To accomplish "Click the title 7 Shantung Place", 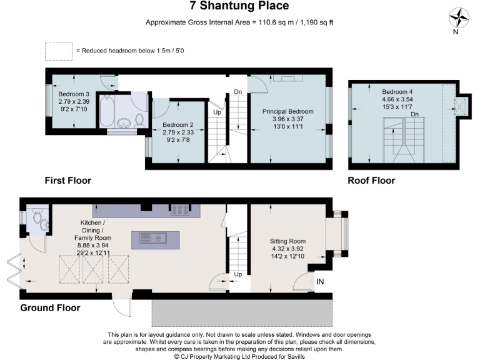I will [x=239, y=6].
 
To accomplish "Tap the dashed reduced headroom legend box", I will [x=58, y=51].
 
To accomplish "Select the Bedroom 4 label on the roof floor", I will [x=397, y=91].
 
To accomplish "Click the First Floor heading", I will [x=67, y=181].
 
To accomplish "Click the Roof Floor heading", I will [x=371, y=181].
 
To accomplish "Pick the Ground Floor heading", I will [x=50, y=308].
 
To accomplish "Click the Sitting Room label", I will [x=287, y=241].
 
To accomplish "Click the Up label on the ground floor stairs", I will [x=237, y=274].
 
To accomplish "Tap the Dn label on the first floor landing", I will [x=237, y=92].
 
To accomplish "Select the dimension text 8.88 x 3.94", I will [x=92, y=246].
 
